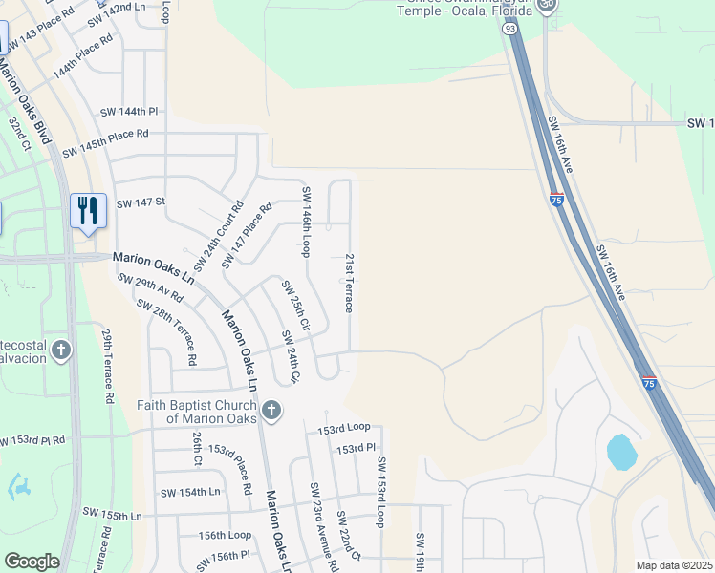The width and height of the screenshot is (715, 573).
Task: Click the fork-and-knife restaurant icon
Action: (88, 209)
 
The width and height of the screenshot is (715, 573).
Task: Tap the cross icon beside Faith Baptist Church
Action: (271, 411)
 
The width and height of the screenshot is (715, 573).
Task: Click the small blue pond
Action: (621, 452)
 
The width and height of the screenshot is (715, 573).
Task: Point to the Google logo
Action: (32, 562)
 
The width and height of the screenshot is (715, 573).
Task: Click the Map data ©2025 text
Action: (674, 564)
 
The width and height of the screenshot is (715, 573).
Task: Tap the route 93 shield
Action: (508, 31)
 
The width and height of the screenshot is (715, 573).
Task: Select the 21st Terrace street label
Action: (350, 283)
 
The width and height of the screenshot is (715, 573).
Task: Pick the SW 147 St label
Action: (141, 202)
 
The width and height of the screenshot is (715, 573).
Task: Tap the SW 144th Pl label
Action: (129, 112)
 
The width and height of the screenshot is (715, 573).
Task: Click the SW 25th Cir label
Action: (295, 305)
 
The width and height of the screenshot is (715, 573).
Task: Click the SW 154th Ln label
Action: (190, 492)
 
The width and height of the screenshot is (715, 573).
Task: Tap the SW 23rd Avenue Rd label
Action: (322, 525)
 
